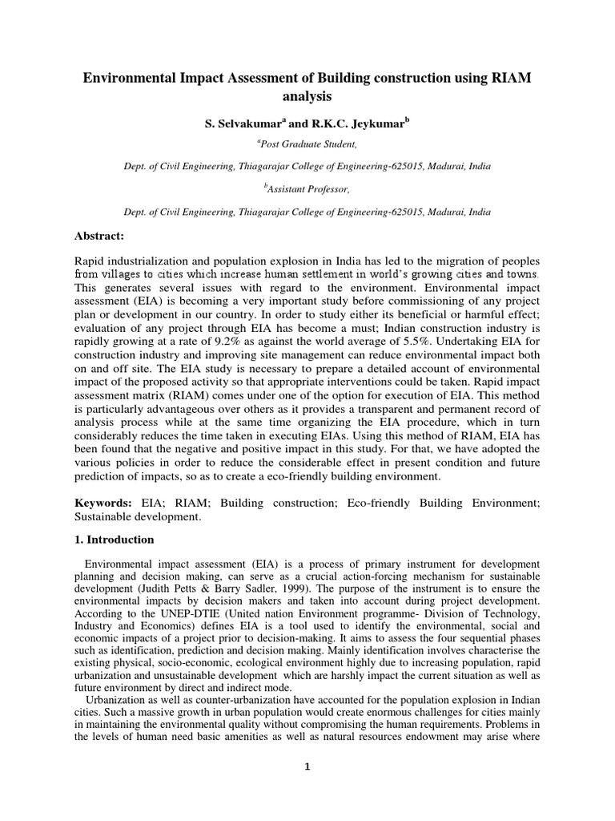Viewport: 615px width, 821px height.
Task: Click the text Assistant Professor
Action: point(307,190)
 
